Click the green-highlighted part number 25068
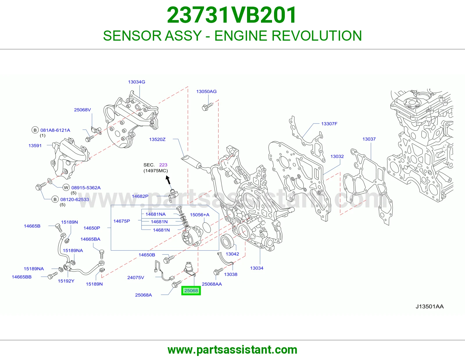[x=191, y=291]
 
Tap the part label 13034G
[x=137, y=82]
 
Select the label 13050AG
[x=206, y=91]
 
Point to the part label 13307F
[x=329, y=124]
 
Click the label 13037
[x=369, y=139]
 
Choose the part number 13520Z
[x=157, y=139]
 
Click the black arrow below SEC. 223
[x=168, y=180]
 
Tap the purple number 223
[x=163, y=165]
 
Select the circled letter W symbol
[x=66, y=188]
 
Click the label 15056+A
[x=200, y=215]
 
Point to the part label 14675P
[x=121, y=221]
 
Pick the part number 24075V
[x=136, y=278]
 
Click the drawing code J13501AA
[x=430, y=307]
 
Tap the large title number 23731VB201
[x=232, y=15]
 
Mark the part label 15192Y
[x=66, y=281]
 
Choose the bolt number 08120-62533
[x=74, y=199]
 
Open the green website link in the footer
[x=233, y=350]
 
